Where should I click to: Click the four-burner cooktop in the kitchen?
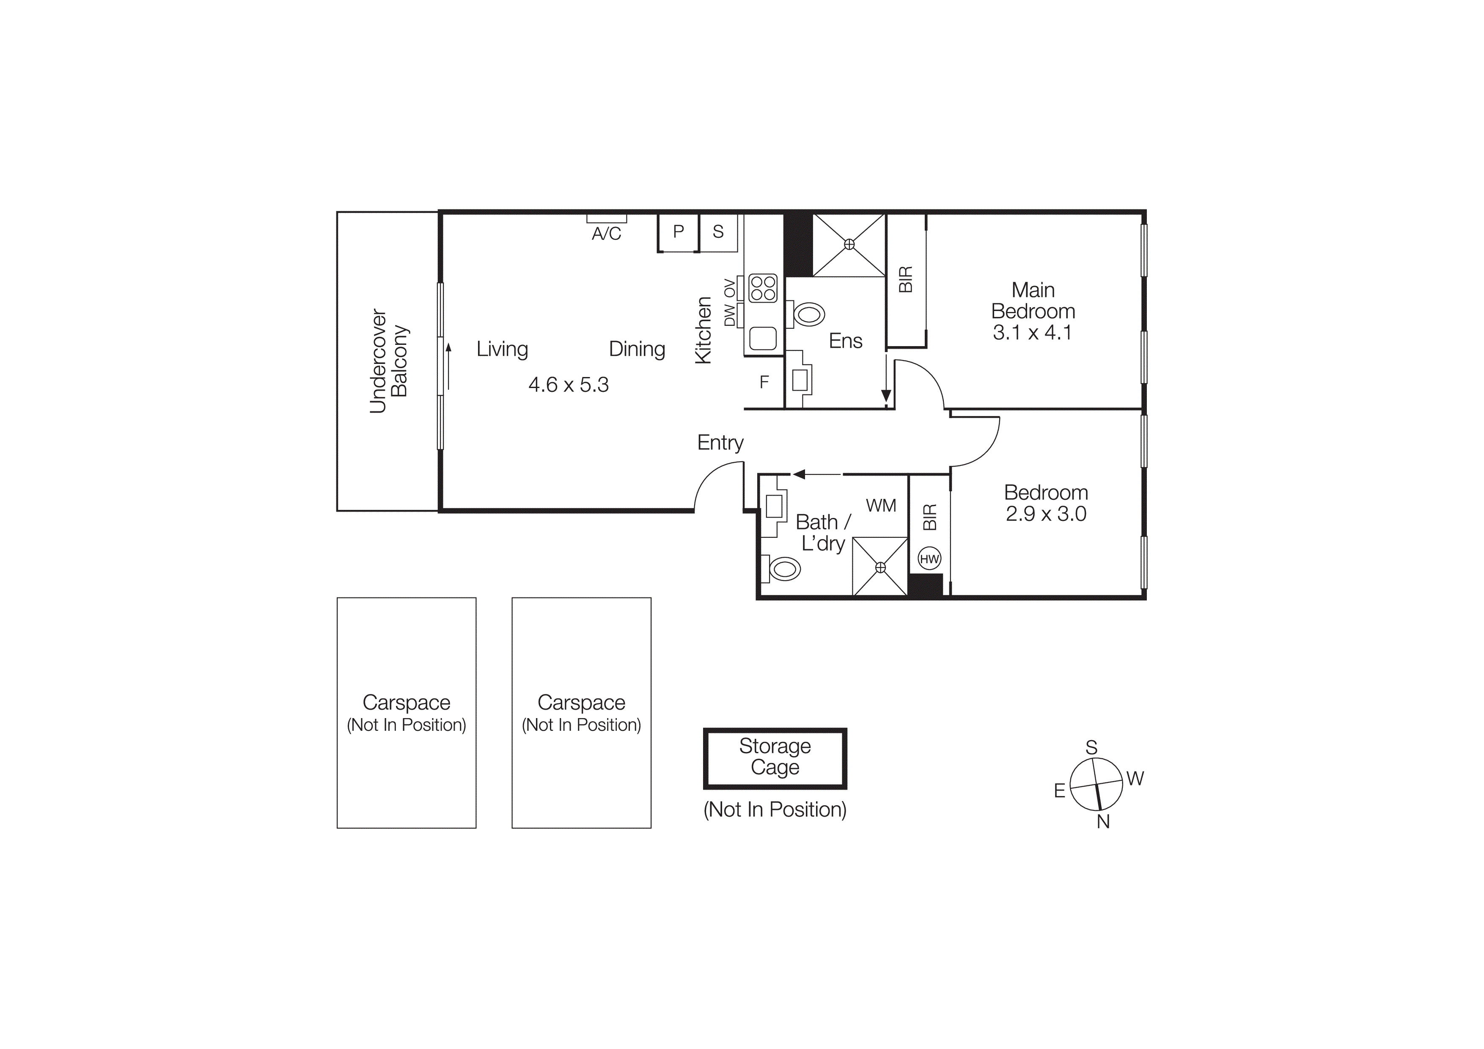point(763,288)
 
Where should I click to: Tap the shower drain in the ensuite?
point(849,244)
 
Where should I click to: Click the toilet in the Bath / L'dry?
point(783,569)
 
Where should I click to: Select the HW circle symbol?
point(929,559)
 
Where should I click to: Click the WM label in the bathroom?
point(881,505)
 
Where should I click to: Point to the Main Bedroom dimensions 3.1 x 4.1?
point(1032,333)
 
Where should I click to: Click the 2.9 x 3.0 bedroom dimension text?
point(1046,514)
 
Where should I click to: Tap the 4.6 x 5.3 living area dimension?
point(568,385)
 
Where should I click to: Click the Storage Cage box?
point(775,758)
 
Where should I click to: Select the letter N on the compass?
point(1103,821)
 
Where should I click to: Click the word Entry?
point(720,443)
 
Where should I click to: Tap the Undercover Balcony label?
point(388,361)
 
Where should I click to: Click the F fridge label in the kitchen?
point(764,382)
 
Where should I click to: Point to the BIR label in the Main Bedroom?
point(906,279)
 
